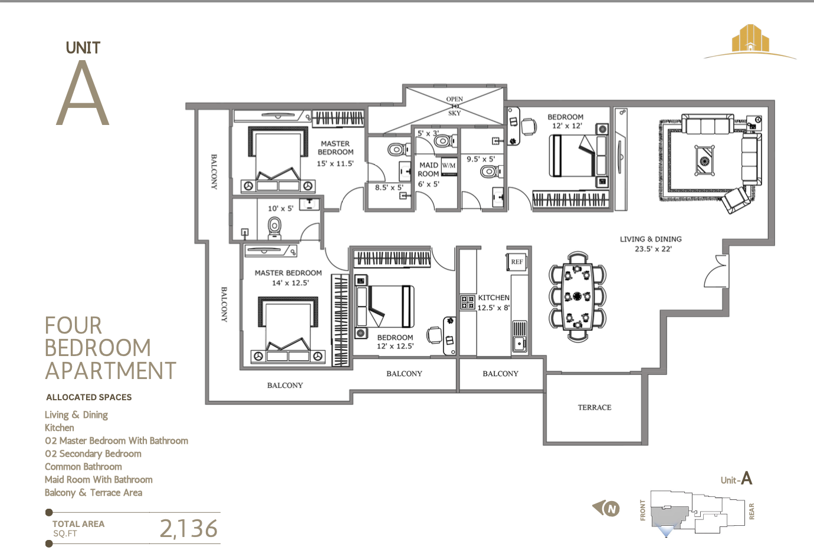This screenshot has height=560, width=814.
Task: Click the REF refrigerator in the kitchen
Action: point(517,262)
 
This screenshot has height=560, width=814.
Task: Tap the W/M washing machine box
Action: point(449,166)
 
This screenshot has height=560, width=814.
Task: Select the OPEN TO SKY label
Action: point(454,106)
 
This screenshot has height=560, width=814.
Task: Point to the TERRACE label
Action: point(594,407)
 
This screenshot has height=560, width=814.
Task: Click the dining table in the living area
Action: point(577,296)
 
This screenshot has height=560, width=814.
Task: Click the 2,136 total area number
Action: point(189,529)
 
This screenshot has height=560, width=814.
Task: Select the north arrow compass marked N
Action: point(608,508)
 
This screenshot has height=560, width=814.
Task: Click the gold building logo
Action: point(750,39)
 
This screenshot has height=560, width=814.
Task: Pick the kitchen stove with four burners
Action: point(468,302)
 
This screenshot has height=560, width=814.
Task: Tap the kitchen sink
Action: point(519,337)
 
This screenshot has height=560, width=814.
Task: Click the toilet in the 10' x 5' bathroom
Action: point(274,226)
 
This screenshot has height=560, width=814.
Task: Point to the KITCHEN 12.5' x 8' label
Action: point(494,302)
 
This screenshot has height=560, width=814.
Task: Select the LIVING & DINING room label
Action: point(651,243)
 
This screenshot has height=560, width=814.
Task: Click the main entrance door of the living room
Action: point(717,271)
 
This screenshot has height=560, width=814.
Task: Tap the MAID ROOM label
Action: point(428,170)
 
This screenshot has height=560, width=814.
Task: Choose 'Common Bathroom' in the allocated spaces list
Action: point(83,466)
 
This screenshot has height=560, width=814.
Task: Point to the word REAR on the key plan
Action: point(751,511)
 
